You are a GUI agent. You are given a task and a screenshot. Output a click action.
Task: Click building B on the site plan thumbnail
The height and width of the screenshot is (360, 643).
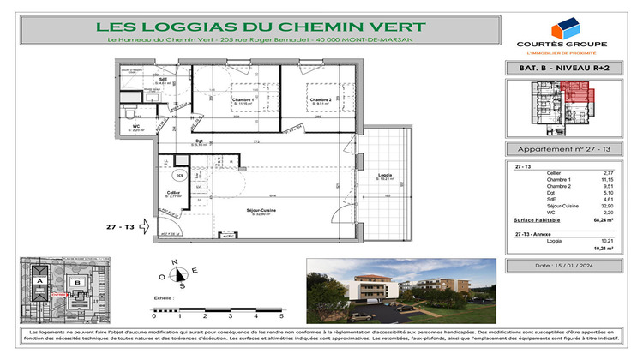tap(75, 281)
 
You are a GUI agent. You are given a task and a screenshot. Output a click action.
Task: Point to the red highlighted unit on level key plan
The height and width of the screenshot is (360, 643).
tap(574, 92)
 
